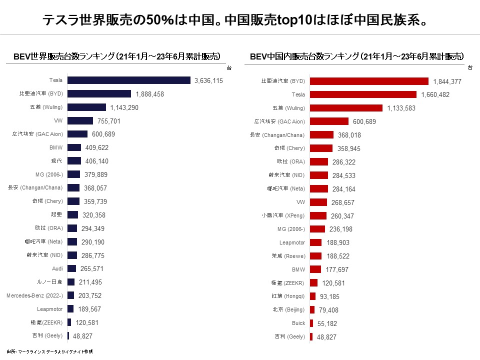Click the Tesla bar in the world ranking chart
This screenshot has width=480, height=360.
point(128,80)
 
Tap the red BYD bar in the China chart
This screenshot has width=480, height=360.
point(369,81)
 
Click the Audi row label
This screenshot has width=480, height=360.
point(57,268)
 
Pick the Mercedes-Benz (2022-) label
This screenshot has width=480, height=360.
point(35,295)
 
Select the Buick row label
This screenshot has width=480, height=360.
point(298,323)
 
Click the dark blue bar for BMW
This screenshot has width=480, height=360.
point(74,147)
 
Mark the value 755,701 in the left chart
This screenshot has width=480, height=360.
point(109,121)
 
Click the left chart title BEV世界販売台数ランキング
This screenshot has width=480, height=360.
point(117,56)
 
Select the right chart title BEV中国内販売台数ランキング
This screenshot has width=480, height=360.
point(357,56)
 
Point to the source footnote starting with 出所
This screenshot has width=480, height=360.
point(50,351)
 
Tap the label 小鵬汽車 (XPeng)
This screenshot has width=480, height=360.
point(283,215)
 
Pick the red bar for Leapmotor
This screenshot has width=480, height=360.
point(315,242)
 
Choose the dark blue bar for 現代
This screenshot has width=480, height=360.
point(74,161)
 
